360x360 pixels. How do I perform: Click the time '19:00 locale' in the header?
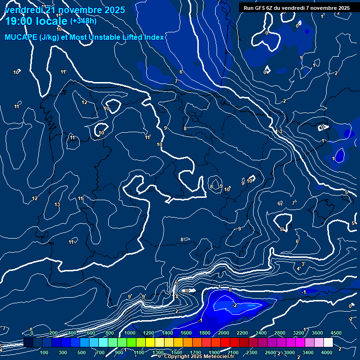point(36,21)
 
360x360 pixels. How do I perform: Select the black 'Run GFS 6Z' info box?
point(297,7)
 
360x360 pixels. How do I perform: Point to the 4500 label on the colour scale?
point(336,333)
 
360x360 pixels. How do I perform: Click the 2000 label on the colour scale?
point(224,333)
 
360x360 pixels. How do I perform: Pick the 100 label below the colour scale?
point(45,352)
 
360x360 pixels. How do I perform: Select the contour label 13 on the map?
point(57,205)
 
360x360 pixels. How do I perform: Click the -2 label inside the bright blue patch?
point(234,305)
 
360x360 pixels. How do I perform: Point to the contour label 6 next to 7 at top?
point(180,72)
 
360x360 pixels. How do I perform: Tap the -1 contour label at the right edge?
point(304,292)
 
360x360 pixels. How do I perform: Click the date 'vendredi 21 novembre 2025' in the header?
point(64,9)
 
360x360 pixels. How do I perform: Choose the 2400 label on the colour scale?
point(261,333)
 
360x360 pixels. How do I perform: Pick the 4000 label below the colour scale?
point(327,352)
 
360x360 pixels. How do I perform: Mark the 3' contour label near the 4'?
point(303,264)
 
